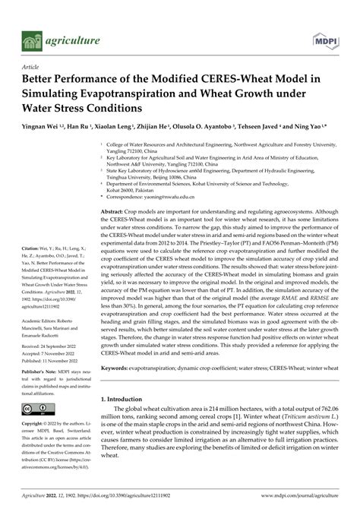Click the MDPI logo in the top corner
point(326,38)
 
